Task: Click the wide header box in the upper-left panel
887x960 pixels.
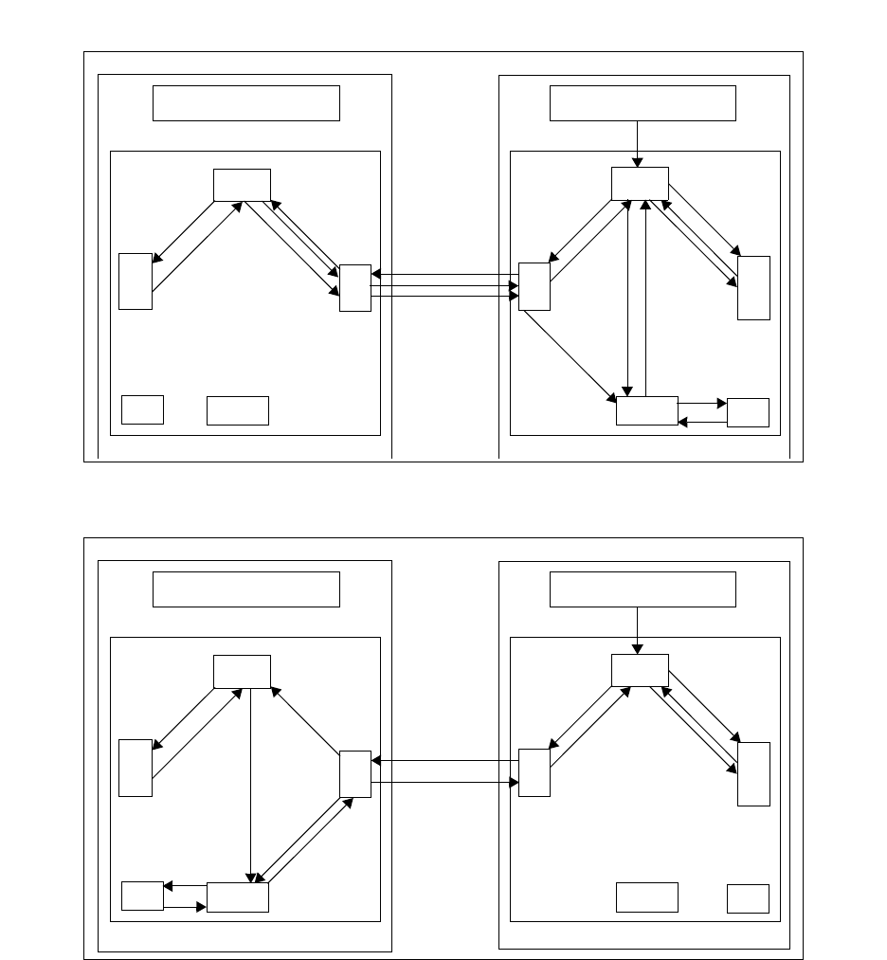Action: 246,103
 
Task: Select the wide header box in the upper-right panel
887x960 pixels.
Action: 643,103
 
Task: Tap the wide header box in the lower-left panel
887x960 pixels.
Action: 246,589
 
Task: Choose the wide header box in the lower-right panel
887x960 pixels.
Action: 643,589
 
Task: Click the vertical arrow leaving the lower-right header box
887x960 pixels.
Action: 639,630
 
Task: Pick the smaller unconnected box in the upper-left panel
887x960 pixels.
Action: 142,409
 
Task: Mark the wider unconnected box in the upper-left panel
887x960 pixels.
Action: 238,410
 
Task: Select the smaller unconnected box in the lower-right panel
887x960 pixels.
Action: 748,898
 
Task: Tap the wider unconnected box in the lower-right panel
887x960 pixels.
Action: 647,897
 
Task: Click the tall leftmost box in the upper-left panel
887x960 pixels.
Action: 136,281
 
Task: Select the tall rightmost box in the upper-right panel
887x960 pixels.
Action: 754,287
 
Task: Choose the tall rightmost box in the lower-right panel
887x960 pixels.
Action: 754,773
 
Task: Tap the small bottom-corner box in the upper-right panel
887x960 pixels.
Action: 748,412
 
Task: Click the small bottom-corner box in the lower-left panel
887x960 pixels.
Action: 142,896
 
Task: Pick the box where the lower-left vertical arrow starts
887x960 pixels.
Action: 242,671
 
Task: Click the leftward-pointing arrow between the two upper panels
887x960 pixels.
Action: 445,275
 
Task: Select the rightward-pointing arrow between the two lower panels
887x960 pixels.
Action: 445,782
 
